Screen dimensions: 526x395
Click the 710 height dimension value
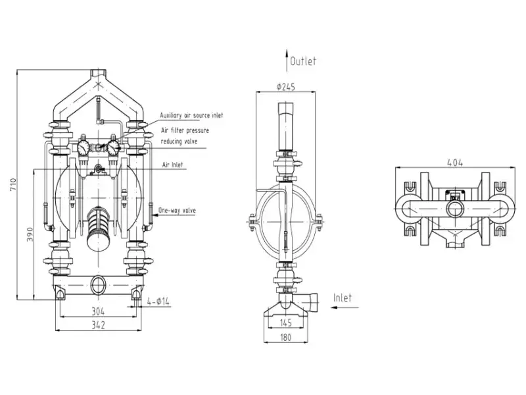pos(13,185)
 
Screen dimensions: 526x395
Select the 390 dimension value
pos(30,235)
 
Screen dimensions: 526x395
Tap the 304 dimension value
pos(98,311)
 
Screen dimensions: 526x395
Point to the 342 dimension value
pos(98,325)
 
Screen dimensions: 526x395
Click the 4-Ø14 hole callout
pos(158,302)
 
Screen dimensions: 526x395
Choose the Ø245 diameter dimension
pos(286,87)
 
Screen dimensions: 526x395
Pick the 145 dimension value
pos(286,323)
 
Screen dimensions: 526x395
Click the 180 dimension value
pos(286,337)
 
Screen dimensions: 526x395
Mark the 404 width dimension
pos(455,163)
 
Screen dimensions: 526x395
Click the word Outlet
pos(303,61)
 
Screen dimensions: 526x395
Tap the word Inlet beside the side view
pos(343,298)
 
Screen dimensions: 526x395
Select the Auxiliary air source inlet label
pos(191,115)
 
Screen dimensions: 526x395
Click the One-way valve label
pos(177,211)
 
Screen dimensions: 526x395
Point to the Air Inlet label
pos(173,165)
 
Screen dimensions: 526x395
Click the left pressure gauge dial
pos(84,147)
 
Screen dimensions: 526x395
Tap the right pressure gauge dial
pos(113,147)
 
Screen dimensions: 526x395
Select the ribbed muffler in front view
pos(98,228)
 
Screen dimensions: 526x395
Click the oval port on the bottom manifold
pos(98,285)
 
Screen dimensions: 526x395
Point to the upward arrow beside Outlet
pos(287,61)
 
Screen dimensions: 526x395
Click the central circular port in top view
pos(455,211)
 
